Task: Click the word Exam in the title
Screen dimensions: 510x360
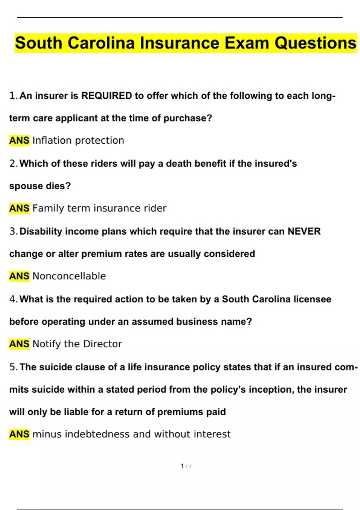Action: [247, 43]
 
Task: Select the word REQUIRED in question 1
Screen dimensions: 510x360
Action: [106, 96]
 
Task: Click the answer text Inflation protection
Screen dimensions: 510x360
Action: [78, 140]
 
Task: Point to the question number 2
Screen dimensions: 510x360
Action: [13, 163]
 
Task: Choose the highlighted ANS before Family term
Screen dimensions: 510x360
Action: [19, 208]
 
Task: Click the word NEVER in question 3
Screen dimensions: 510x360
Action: [304, 231]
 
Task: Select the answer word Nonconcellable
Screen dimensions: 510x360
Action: [69, 276]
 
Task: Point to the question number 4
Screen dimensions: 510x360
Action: [13, 299]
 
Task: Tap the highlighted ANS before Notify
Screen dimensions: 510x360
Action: [19, 344]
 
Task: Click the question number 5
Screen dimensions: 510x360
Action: [13, 367]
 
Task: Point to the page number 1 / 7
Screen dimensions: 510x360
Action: [186, 466]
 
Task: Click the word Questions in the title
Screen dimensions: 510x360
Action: [315, 43]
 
